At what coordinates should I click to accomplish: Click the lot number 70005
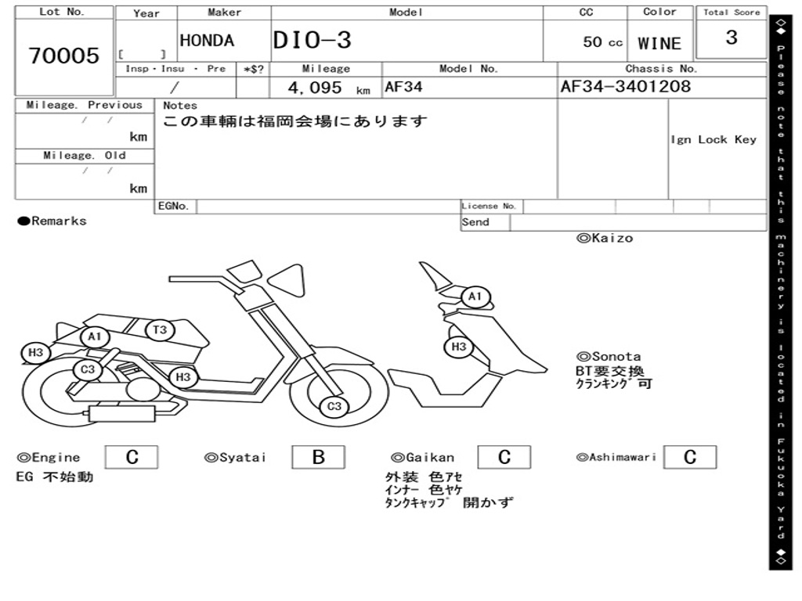click(64, 56)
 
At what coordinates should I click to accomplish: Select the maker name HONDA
click(207, 41)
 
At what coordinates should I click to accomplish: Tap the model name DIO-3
click(312, 41)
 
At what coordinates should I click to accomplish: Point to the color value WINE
click(659, 44)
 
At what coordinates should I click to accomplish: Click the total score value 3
click(731, 38)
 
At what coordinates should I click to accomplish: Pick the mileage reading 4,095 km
click(328, 88)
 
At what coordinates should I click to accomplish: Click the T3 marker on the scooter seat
click(160, 329)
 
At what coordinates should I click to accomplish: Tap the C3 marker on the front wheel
click(334, 406)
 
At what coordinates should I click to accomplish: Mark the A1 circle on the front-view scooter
click(475, 297)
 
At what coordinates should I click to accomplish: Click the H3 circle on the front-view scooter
click(459, 347)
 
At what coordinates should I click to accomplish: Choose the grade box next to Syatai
click(318, 458)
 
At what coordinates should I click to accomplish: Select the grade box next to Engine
click(132, 458)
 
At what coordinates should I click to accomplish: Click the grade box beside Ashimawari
click(689, 458)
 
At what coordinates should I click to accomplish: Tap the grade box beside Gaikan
click(504, 458)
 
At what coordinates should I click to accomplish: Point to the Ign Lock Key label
click(713, 139)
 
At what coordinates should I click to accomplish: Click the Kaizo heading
click(605, 238)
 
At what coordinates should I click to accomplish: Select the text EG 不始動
click(55, 477)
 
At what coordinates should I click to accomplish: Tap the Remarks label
click(52, 221)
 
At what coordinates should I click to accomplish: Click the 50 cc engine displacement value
click(602, 42)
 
